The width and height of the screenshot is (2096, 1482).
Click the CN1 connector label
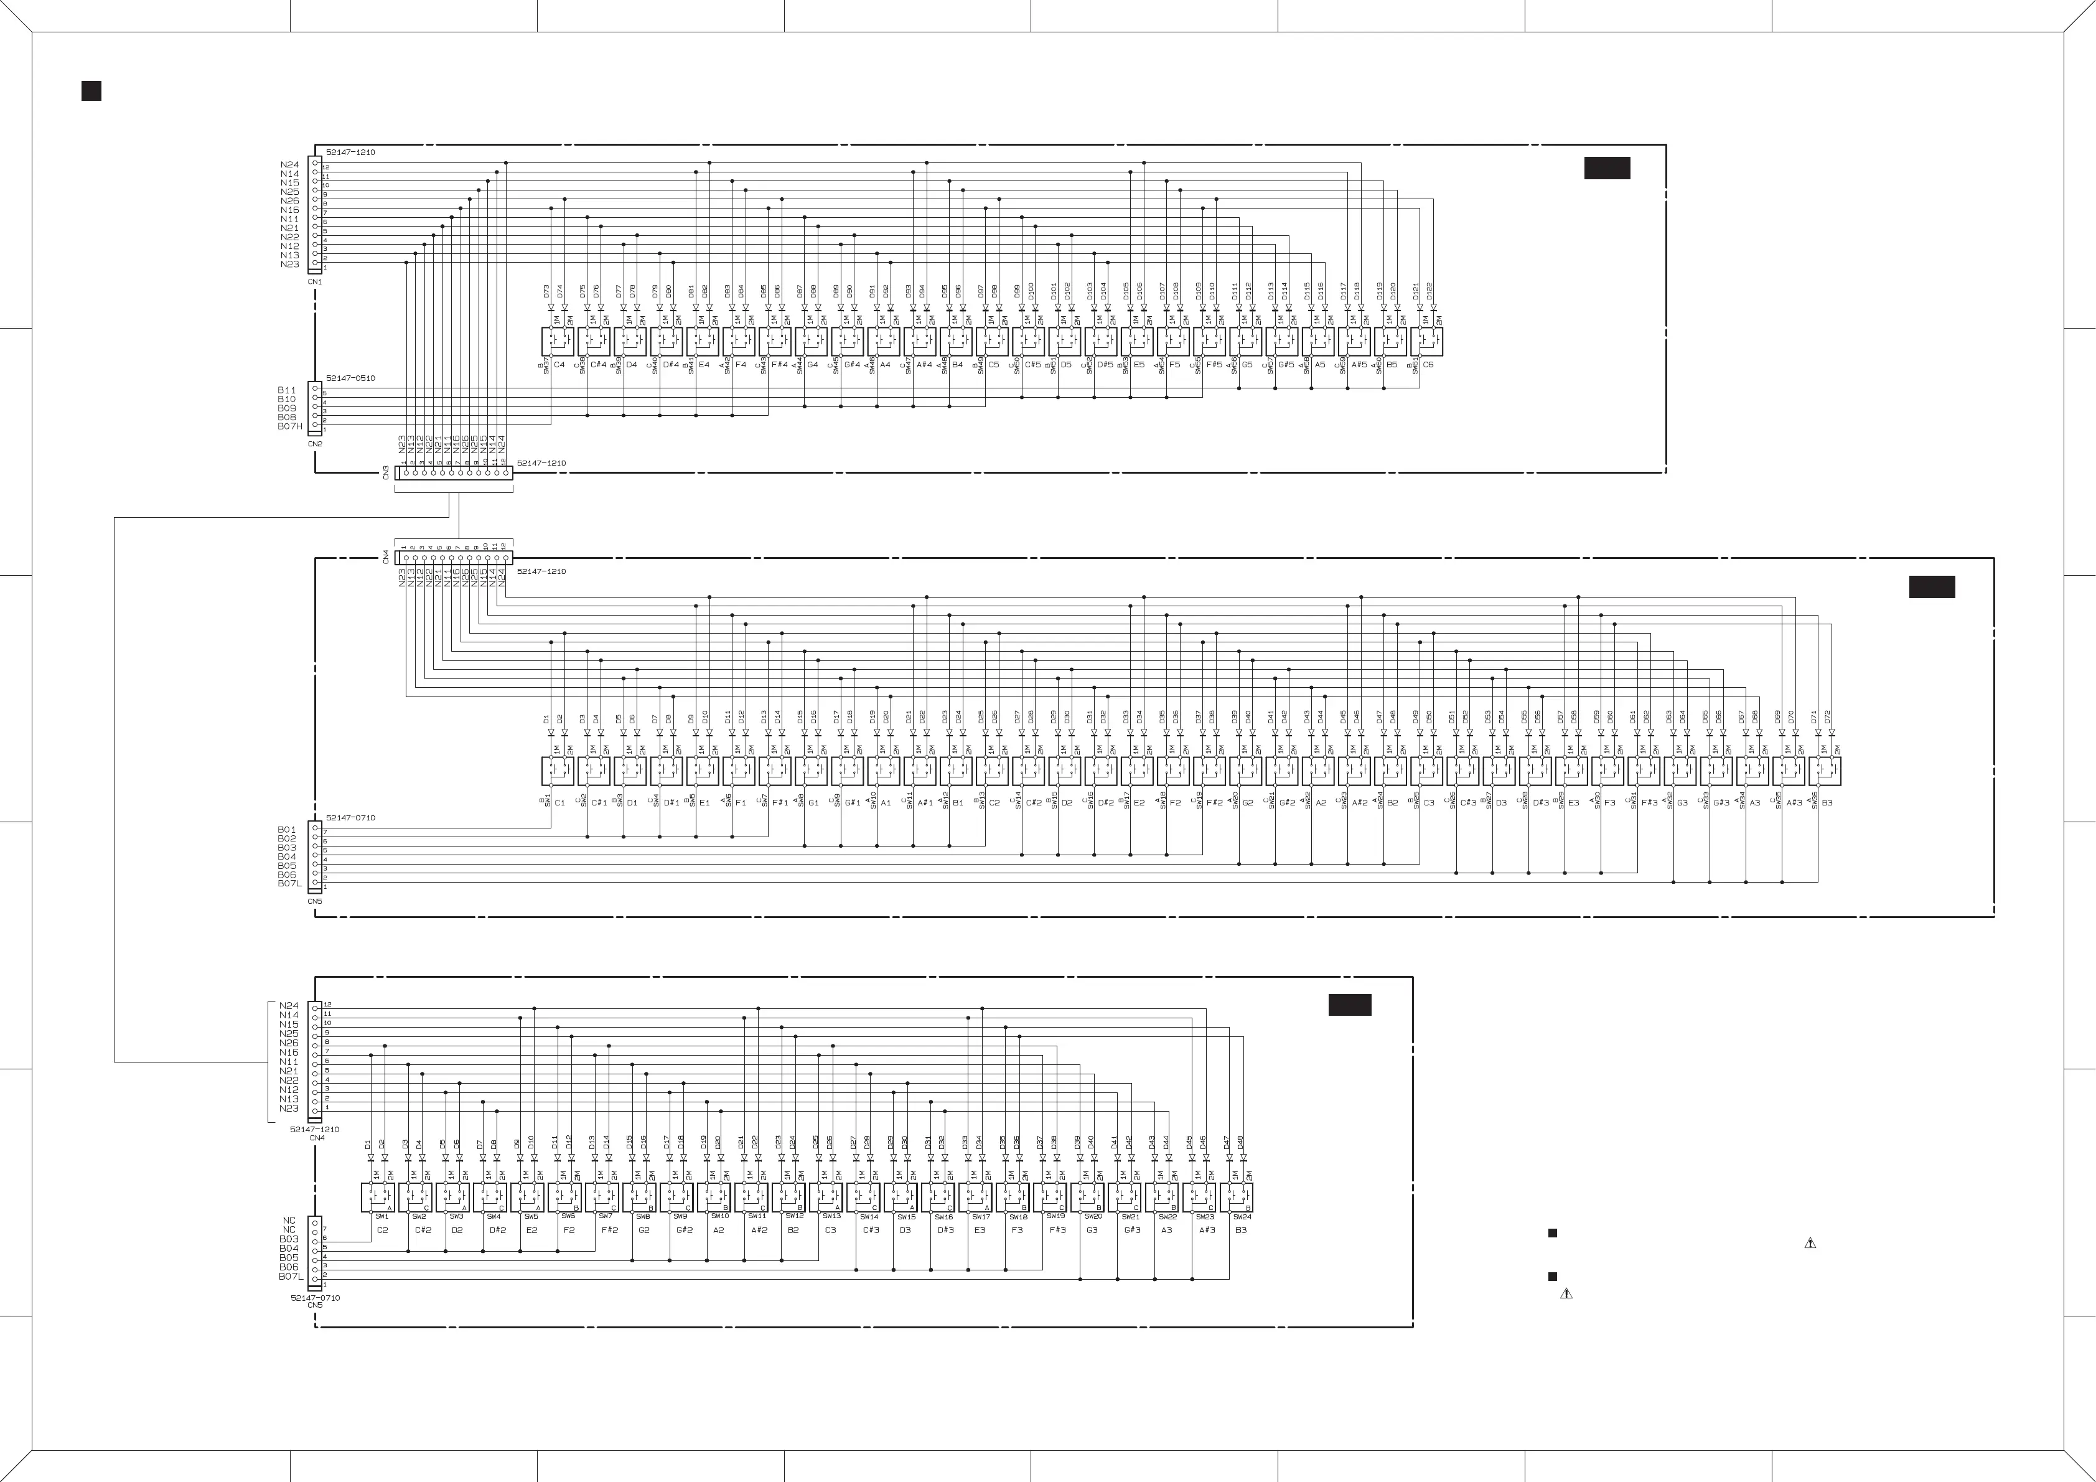tap(315, 282)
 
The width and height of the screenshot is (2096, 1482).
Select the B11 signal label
tap(287, 390)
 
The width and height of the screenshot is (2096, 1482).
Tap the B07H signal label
tap(289, 426)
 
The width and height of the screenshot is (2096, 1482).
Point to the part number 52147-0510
tap(350, 378)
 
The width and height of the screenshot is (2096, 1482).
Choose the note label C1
tap(559, 803)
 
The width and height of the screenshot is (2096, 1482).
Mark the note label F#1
tap(780, 803)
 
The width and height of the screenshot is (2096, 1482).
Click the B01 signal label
tap(287, 829)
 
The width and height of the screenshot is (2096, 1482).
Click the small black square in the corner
tap(91, 90)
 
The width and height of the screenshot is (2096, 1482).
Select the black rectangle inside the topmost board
tap(1607, 168)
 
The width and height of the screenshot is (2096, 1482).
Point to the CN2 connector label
tap(315, 444)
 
